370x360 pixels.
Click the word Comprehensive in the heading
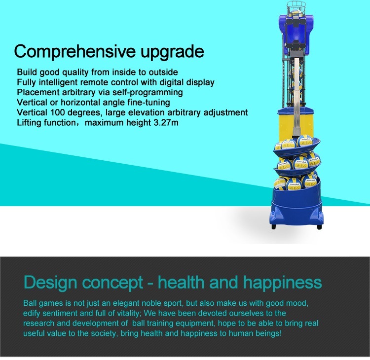(x=75, y=52)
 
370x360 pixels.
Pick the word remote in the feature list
(x=94, y=82)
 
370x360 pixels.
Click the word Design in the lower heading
(x=50, y=283)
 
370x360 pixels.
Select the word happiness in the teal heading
(x=283, y=283)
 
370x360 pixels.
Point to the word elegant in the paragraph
(x=128, y=303)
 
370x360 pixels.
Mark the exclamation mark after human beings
(x=280, y=333)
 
